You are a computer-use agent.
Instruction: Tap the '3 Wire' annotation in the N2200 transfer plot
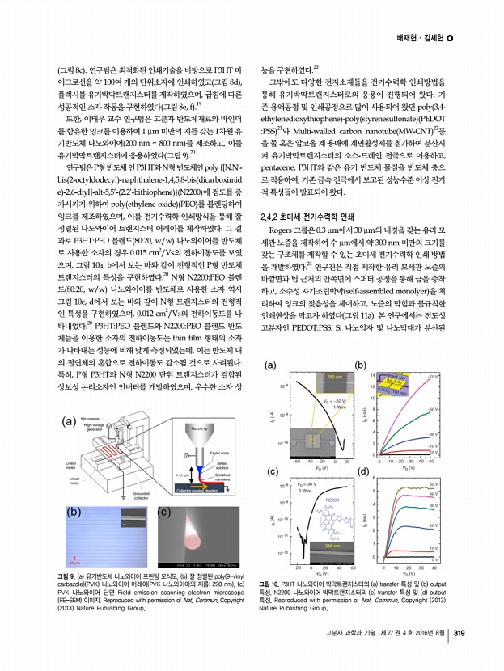coord(303,491)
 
